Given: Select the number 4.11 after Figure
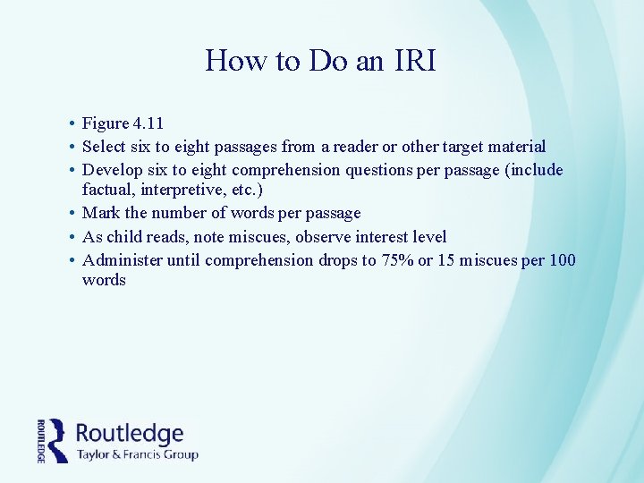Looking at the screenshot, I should click(x=148, y=123).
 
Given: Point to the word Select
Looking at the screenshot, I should click(x=104, y=147).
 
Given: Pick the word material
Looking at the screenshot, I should click(x=512, y=147).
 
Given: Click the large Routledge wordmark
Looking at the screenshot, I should click(x=130, y=434).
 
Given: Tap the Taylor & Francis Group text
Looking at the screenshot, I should click(x=137, y=454).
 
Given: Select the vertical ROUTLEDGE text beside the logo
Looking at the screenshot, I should click(x=42, y=440).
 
